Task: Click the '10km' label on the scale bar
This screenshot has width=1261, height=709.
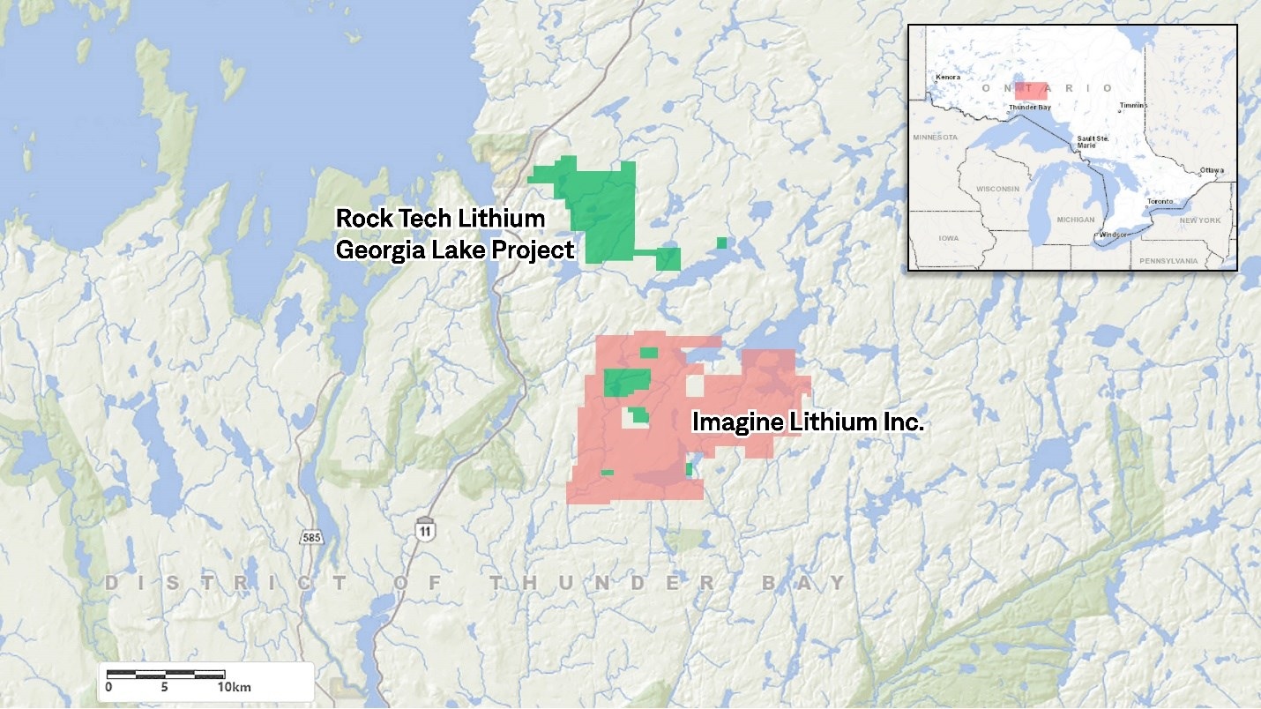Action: click(x=234, y=687)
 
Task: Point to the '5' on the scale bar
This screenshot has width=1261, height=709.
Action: click(x=165, y=687)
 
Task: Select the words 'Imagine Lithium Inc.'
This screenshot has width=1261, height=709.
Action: click(x=808, y=422)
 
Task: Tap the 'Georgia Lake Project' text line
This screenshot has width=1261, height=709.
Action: click(x=455, y=250)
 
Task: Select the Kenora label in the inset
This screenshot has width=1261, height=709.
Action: click(x=948, y=78)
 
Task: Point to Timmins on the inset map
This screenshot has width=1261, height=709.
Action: click(x=1134, y=106)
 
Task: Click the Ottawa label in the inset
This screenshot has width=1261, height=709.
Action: click(x=1212, y=170)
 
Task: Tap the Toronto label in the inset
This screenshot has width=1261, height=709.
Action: click(x=1160, y=202)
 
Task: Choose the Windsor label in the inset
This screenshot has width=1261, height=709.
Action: click(x=1113, y=235)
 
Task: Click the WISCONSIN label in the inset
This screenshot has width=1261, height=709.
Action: click(x=997, y=189)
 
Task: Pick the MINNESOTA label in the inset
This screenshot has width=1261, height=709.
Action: click(x=935, y=138)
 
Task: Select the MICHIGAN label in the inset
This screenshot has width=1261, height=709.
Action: click(x=1075, y=220)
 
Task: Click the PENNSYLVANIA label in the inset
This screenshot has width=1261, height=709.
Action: click(x=1168, y=261)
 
